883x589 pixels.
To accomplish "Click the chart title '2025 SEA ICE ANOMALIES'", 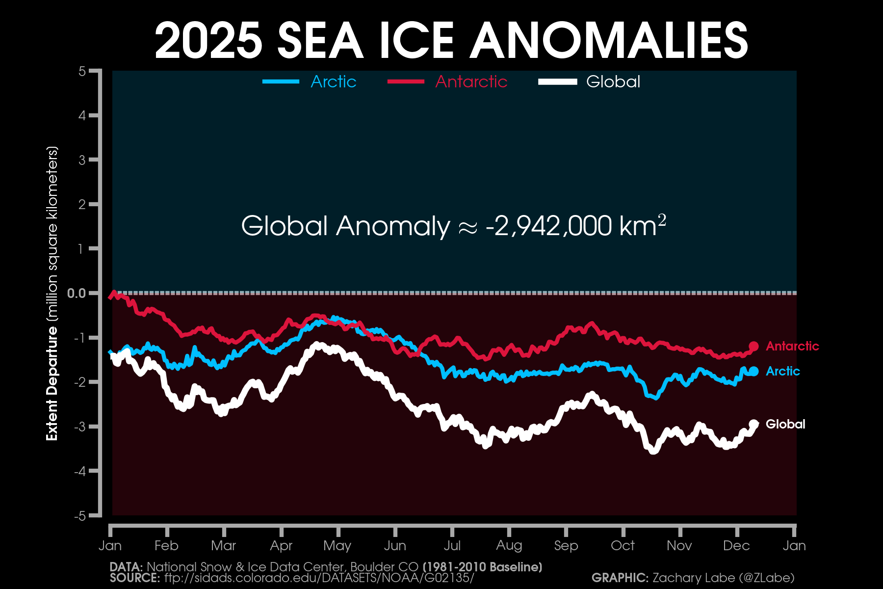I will coord(451,41).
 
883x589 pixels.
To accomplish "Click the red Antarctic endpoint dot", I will coord(754,347).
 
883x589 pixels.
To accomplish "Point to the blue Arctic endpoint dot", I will coord(754,372).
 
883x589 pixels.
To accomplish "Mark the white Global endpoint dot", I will coord(754,424).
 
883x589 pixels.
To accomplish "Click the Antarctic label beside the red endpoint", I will coord(792,346).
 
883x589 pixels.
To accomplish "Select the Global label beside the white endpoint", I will coord(785,424).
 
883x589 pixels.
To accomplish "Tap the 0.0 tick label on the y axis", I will coord(76,294).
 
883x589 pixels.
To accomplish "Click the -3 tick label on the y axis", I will coord(79,427).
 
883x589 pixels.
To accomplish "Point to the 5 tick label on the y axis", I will coord(82,72).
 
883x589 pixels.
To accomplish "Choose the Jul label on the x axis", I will coord(452,546).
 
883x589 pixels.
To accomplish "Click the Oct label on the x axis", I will coord(623,546).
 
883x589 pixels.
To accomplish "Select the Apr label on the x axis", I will coord(281,546).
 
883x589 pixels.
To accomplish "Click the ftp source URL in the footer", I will coord(319,578).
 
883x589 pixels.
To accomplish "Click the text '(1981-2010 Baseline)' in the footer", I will coord(482,567).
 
